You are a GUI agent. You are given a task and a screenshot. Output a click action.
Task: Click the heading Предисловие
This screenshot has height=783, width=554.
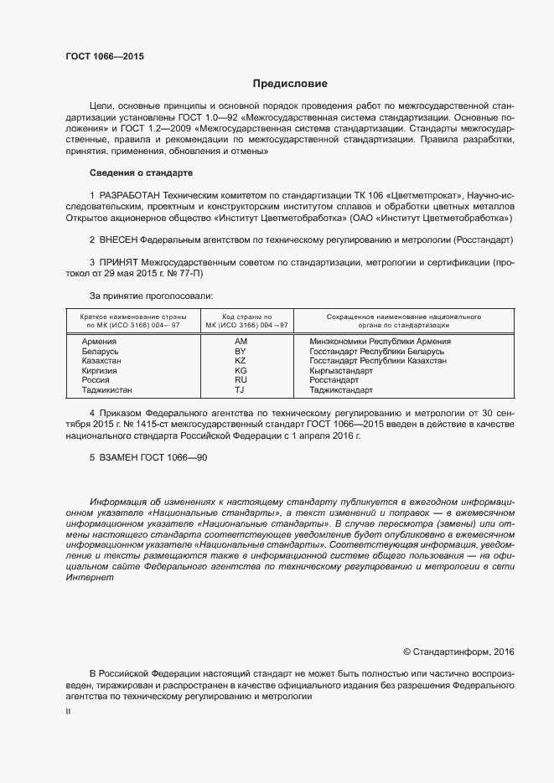point(291,84)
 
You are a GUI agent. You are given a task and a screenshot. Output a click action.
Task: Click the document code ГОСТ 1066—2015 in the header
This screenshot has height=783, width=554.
point(105,56)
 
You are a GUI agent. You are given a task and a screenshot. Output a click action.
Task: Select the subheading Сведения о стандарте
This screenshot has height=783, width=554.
point(141,173)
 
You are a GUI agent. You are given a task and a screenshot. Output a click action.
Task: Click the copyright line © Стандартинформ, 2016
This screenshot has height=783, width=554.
point(458,652)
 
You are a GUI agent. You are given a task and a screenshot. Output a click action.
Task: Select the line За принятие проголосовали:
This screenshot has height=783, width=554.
point(150,296)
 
